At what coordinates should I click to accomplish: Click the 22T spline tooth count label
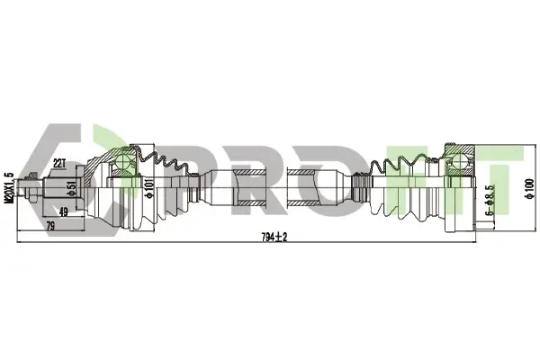tap(59, 164)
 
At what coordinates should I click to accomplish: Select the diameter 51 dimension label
tap(72, 189)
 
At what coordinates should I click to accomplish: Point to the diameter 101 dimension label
tap(149, 188)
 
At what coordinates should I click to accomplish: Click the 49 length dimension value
tap(64, 212)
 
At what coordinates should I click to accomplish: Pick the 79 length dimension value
tap(50, 226)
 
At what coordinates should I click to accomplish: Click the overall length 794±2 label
tap(274, 238)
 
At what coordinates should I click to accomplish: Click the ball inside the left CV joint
tap(123, 161)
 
